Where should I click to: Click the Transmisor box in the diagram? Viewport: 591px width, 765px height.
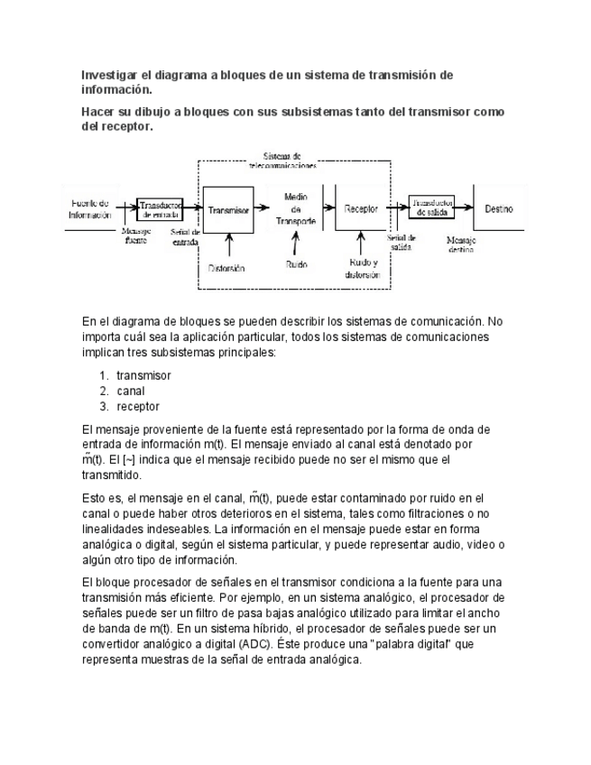(227, 209)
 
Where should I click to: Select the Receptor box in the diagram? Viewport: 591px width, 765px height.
(361, 209)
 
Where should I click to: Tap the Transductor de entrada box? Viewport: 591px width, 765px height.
(160, 209)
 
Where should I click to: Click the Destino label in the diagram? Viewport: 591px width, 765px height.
(499, 209)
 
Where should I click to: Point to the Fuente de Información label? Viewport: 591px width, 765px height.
(89, 209)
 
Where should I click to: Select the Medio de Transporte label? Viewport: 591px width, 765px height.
(297, 208)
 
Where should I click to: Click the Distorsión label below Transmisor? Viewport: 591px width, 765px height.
(226, 268)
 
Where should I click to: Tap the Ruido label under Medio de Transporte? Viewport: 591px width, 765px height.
(296, 266)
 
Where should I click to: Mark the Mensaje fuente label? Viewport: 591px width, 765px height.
(136, 235)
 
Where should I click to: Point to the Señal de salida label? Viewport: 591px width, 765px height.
(401, 242)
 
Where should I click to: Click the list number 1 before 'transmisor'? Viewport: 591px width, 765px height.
(104, 375)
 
